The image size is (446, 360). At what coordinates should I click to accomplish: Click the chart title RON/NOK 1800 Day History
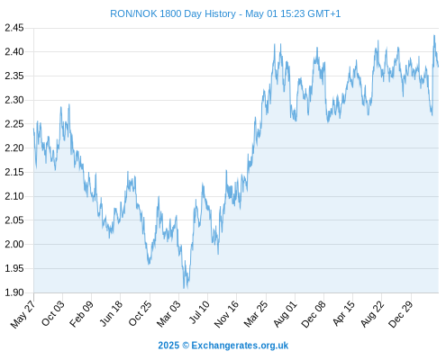173,14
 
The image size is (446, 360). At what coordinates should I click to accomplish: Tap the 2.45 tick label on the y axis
14,28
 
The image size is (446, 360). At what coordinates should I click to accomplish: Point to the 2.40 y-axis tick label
14,52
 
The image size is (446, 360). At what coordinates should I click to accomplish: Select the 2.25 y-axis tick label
14,124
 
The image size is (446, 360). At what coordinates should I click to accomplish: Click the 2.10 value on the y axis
14,196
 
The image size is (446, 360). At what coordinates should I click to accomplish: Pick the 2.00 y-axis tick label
14,244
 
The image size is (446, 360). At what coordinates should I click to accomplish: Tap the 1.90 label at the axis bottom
14,292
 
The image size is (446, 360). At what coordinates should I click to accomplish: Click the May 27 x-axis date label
23,314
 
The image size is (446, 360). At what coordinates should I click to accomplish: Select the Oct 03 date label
52,313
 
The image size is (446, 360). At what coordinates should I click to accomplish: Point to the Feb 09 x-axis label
81,313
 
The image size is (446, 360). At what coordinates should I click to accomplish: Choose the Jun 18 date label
111,313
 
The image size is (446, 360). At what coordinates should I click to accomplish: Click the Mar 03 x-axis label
168,313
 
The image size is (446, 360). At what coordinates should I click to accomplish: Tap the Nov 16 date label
226,314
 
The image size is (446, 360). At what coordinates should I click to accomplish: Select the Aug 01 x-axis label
285,313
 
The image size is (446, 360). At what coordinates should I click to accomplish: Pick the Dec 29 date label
400,314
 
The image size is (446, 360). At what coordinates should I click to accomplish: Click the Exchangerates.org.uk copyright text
240,346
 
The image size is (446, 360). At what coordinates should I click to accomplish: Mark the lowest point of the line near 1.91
184,288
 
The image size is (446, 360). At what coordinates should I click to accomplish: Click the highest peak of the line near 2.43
434,35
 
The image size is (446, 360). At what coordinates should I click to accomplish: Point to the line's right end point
439,67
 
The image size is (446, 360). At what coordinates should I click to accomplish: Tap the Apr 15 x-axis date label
343,313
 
